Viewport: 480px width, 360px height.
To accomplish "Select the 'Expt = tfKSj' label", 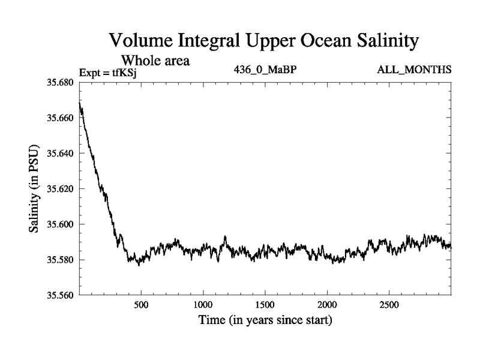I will click(112, 73).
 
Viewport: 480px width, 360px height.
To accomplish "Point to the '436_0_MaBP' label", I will click(265, 70).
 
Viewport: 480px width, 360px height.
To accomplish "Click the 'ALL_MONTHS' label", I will click(414, 70).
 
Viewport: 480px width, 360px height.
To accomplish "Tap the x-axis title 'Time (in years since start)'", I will click(265, 321).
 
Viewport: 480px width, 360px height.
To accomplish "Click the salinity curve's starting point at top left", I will click(80, 104).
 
